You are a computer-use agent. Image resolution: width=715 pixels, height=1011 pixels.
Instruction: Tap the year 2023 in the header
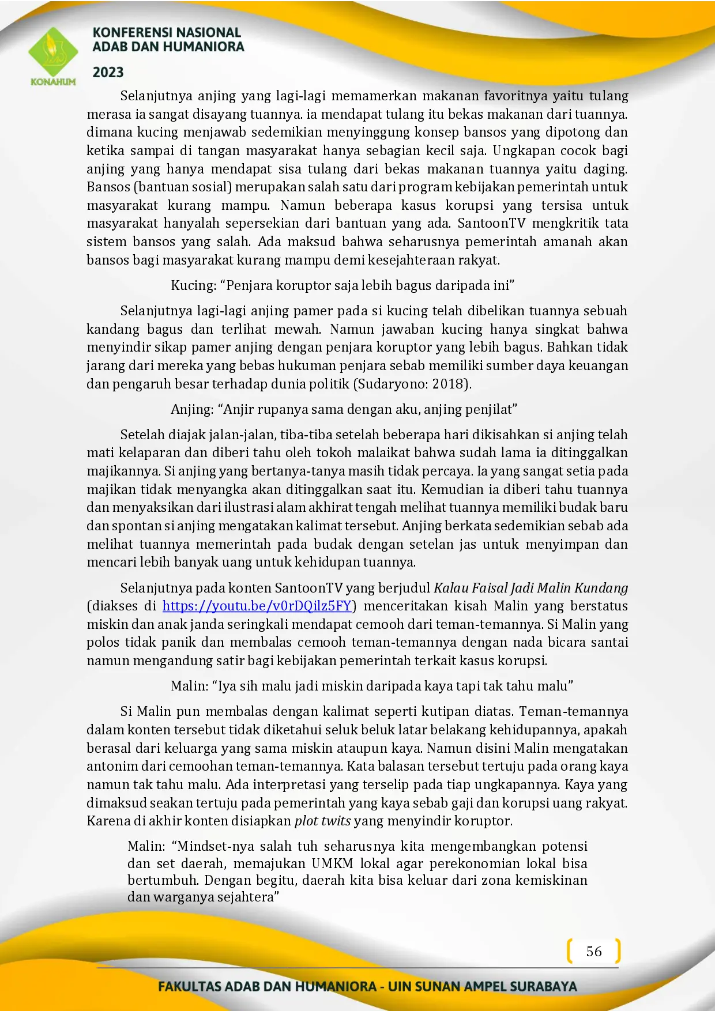point(108,72)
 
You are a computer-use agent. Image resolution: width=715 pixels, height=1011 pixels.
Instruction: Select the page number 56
point(594,951)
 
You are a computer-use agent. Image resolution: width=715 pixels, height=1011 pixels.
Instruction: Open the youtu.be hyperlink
point(257,606)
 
